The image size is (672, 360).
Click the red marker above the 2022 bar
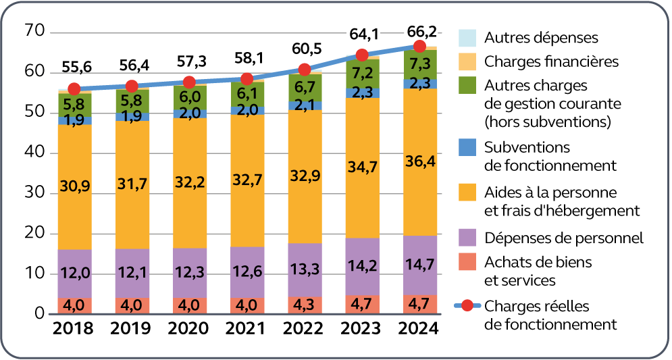[304, 70]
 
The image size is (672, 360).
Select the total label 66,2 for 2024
[419, 31]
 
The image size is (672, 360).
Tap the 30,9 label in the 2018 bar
[74, 187]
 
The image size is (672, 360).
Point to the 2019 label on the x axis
[132, 330]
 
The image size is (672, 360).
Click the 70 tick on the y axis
[34, 31]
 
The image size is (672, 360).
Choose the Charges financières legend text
[551, 61]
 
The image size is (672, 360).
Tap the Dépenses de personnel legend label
[563, 238]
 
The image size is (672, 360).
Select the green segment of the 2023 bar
[362, 72]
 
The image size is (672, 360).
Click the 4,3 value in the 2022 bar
[304, 305]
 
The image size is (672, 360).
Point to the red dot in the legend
[467, 305]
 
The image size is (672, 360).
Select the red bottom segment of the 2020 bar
[189, 305]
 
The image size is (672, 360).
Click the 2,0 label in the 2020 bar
[189, 113]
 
